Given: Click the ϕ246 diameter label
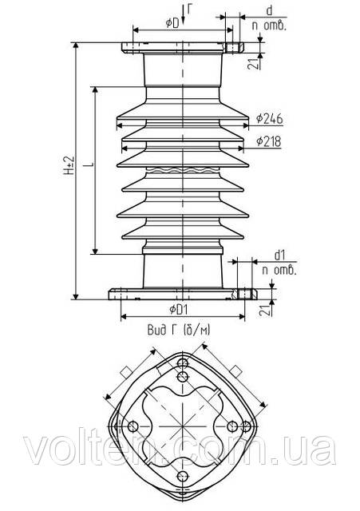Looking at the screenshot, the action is pos(269,119).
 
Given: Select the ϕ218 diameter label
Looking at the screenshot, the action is pos(268,141).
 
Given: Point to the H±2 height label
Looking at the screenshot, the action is pos(69,166).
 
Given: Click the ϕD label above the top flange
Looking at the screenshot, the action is pos(172,23).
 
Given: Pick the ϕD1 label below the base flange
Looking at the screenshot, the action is pos(179,309).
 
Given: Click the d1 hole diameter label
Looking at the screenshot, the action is pos(279,255).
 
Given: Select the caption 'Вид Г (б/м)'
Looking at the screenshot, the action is pos(179,330).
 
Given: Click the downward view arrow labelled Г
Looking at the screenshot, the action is pos(183,14).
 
